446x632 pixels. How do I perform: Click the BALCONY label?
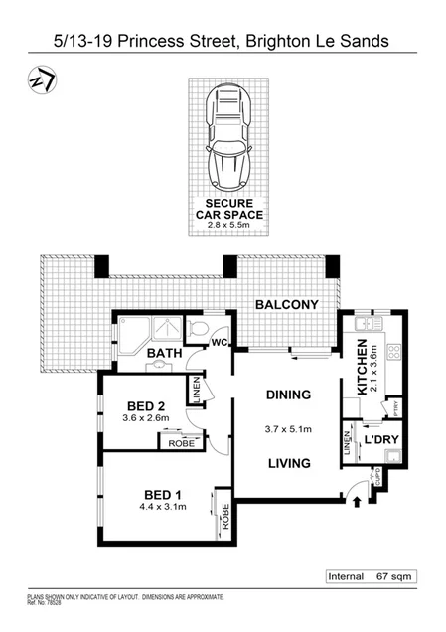(286, 305)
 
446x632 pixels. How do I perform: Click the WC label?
(218, 344)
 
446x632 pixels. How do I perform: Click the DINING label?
(288, 395)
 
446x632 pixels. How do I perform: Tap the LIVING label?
(288, 462)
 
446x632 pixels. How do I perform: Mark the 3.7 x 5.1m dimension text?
(288, 429)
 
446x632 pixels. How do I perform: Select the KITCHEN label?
(360, 365)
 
